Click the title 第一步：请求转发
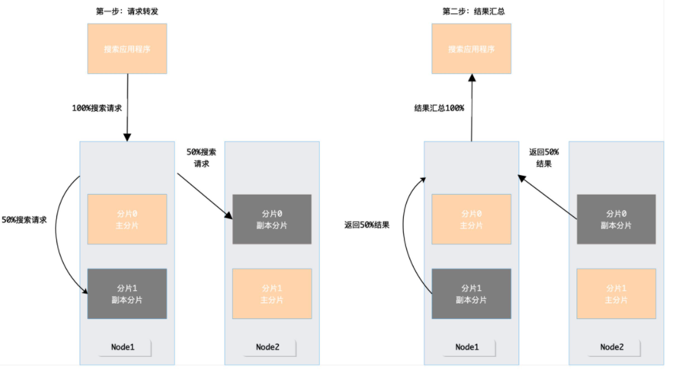[x=127, y=11]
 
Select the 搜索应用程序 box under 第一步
[x=127, y=49]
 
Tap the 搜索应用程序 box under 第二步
[x=471, y=49]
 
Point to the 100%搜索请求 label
[x=96, y=108]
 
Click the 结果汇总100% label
[x=439, y=108]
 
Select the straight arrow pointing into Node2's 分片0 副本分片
[x=204, y=197]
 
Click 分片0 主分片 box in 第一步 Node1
[x=127, y=219]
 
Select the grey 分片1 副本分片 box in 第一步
[x=127, y=294]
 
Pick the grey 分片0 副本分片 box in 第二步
[x=616, y=219]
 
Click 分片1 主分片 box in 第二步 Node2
[x=616, y=294]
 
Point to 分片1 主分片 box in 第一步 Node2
[x=271, y=294]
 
